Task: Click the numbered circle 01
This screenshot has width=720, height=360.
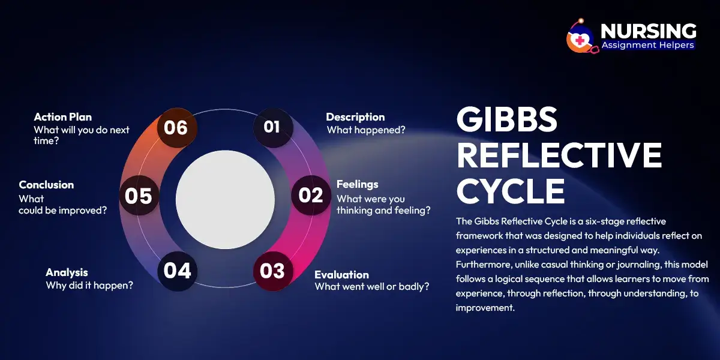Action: (272, 127)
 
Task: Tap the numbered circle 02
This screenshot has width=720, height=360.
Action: (311, 196)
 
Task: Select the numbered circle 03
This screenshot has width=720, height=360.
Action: (272, 271)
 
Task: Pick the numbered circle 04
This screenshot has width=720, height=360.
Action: (177, 271)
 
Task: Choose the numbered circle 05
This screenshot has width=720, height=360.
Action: (139, 196)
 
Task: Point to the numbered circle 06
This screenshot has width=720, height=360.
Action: (176, 127)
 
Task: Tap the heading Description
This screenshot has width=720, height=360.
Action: (355, 117)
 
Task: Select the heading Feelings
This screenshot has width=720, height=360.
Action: (357, 184)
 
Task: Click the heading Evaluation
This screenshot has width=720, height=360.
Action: (341, 275)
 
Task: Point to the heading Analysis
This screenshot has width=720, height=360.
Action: (67, 272)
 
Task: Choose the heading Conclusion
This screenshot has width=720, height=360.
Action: (46, 185)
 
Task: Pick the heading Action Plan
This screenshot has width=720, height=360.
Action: (62, 117)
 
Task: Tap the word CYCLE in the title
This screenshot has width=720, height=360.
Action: (511, 191)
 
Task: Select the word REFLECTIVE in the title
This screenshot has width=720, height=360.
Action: (559, 156)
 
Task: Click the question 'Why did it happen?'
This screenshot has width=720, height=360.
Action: (89, 286)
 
